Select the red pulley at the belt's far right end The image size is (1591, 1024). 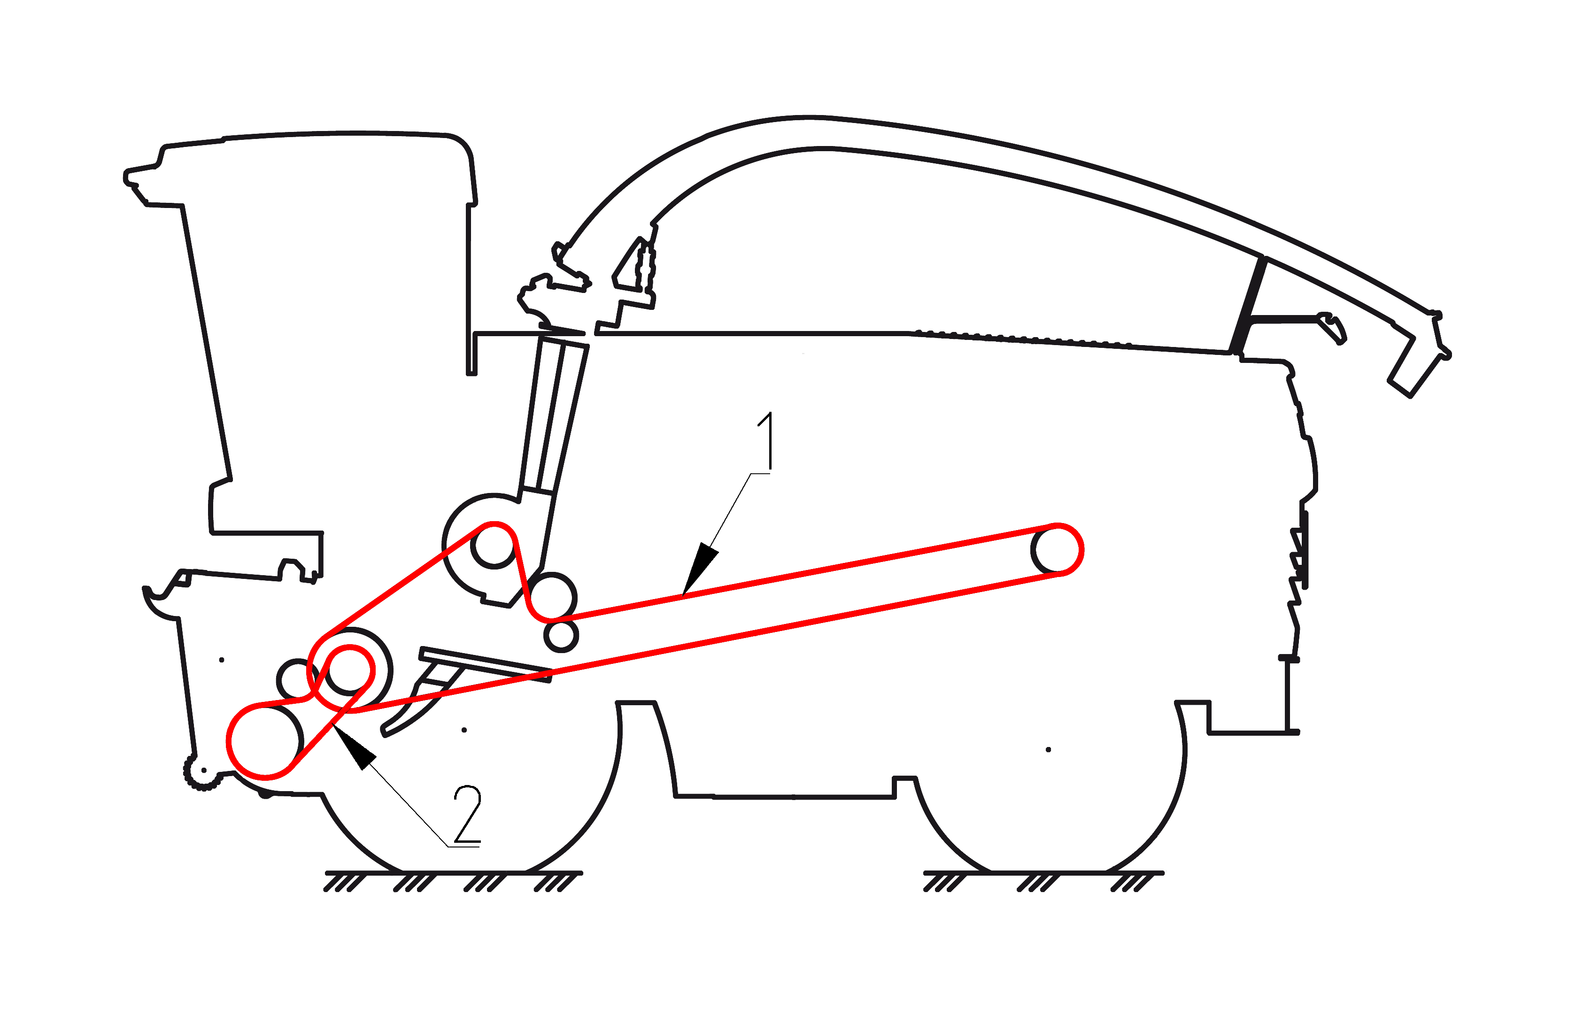coord(1057,549)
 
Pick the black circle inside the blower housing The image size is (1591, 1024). coord(494,545)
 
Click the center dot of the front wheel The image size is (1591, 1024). coord(464,730)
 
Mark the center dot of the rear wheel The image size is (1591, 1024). coord(1049,749)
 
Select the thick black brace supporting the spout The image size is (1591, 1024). coord(1247,305)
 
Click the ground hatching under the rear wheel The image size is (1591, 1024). coord(1044,880)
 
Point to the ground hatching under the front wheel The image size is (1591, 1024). coord(454,880)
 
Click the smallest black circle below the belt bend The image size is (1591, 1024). coord(561,636)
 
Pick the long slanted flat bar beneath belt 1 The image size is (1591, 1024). coord(486,663)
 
